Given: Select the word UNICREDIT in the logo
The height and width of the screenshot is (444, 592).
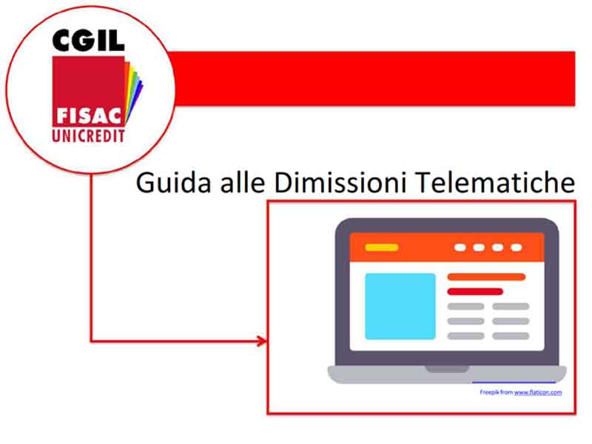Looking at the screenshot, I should (88, 135).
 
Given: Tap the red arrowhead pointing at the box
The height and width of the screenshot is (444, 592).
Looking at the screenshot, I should (260, 341).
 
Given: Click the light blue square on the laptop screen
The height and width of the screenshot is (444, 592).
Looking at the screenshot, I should (400, 306).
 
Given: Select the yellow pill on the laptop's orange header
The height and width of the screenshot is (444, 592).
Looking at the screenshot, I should (382, 247).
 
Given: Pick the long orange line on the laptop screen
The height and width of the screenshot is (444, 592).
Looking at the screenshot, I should (486, 277).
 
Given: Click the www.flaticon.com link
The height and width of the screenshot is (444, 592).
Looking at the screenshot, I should (538, 391).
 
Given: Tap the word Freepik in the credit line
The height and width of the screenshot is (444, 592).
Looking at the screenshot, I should (490, 391).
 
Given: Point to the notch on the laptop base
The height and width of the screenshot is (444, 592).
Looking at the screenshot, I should (446, 369).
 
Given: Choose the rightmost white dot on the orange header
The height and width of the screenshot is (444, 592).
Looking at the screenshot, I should (516, 247).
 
